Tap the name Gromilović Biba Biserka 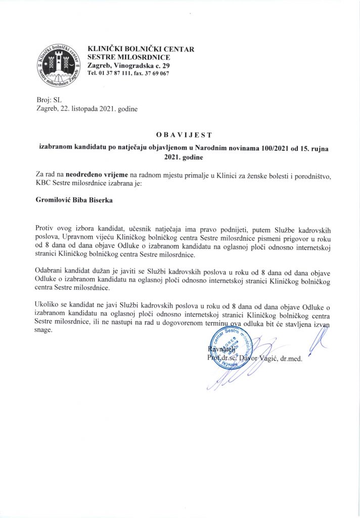tap(74, 200)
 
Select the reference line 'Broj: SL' tap(49, 100)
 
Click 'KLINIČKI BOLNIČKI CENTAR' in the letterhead tap(141, 49)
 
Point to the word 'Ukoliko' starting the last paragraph tap(49, 306)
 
